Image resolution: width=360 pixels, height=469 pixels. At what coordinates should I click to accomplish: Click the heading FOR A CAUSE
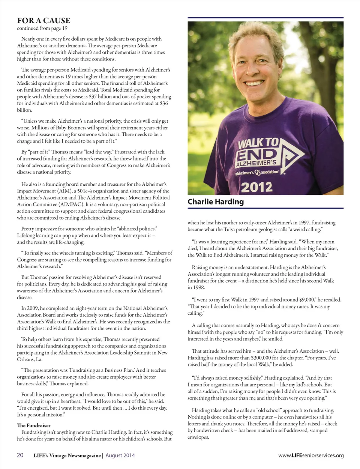[x=43, y=20]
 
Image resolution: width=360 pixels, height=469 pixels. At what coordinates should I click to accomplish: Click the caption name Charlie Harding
[x=216, y=201]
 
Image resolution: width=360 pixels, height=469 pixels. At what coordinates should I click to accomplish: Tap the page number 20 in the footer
[x=20, y=455]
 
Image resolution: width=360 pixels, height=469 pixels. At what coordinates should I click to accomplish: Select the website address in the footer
[x=311, y=455]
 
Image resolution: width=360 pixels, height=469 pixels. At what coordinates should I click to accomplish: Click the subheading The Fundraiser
[x=34, y=425]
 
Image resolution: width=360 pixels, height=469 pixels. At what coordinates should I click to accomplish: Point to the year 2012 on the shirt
[x=257, y=186]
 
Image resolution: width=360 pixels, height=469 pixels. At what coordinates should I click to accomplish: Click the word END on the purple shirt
[x=257, y=154]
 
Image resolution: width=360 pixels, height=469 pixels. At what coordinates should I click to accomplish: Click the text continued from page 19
[x=42, y=28]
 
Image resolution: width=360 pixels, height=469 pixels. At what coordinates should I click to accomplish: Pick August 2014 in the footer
[x=120, y=455]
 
